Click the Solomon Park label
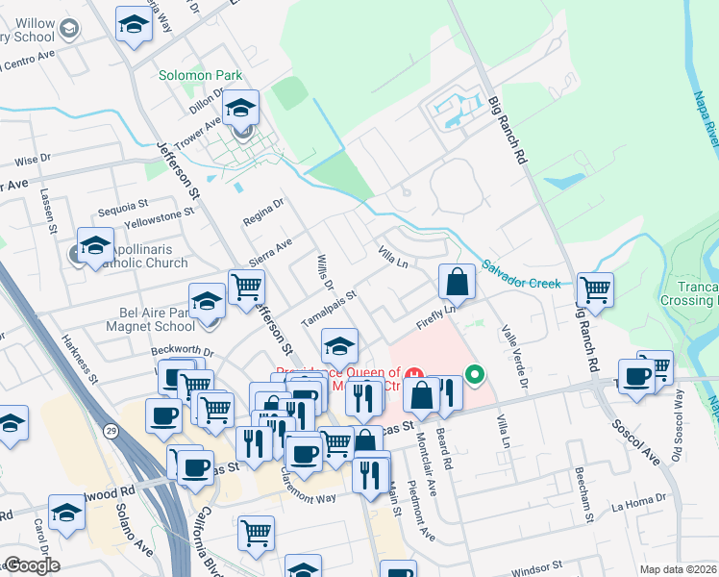[201, 76]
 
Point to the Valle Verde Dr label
[513, 357]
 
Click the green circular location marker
[474, 374]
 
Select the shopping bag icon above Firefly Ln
[458, 282]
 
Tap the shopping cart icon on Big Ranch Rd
[596, 288]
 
